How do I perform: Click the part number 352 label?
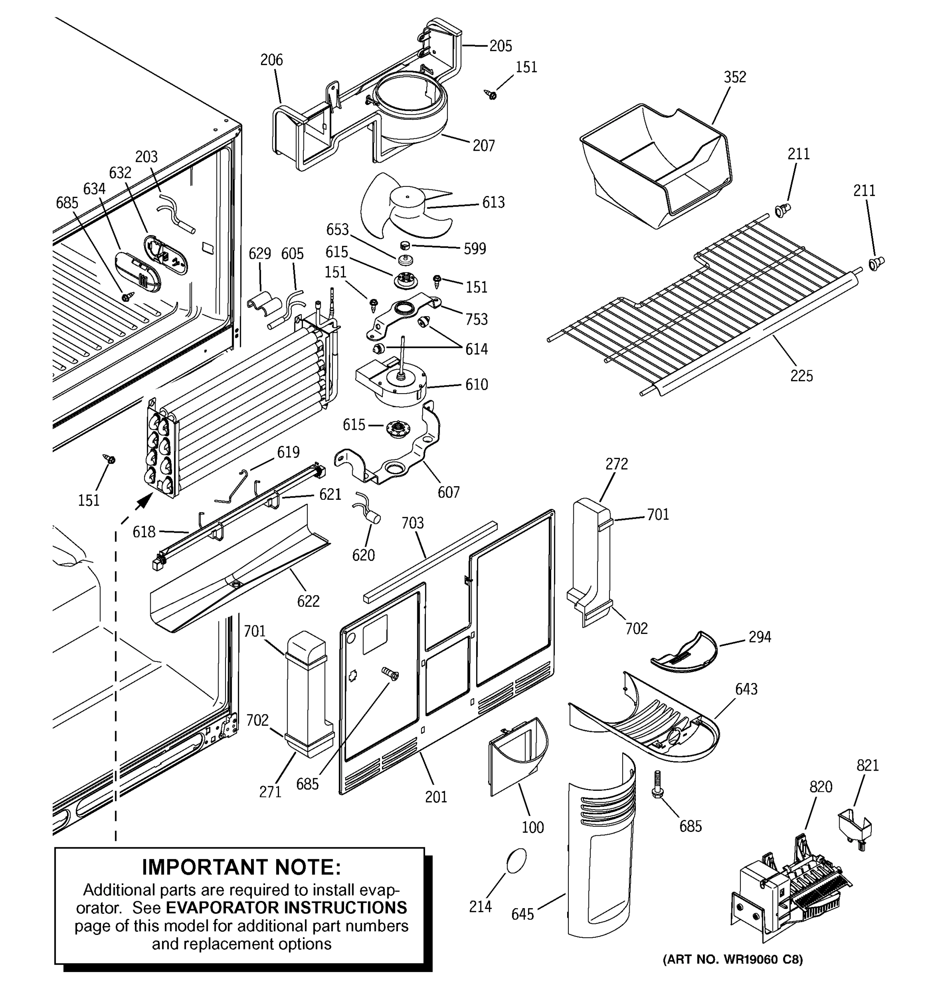(x=734, y=77)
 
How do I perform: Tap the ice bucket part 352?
(x=656, y=164)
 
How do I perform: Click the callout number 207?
(x=483, y=146)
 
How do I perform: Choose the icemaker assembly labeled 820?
(x=790, y=890)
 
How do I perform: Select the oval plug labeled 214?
(x=516, y=860)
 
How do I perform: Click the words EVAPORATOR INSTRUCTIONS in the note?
(x=286, y=907)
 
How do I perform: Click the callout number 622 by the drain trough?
(x=308, y=601)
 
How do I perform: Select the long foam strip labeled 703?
(x=430, y=561)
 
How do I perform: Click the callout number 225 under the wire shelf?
(x=801, y=376)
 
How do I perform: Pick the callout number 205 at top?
(x=500, y=46)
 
